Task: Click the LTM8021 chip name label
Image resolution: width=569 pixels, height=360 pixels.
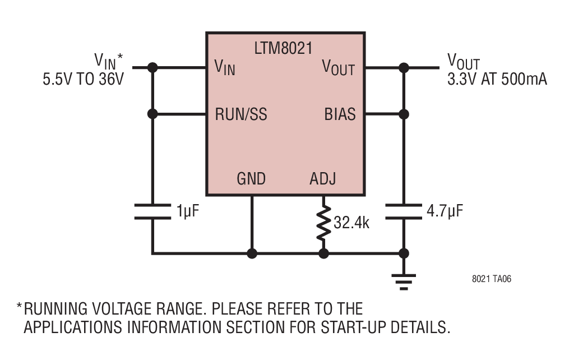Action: coord(283,48)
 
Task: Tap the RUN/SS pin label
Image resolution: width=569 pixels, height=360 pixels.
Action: coord(241,114)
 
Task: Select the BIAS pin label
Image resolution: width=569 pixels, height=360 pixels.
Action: coord(340,114)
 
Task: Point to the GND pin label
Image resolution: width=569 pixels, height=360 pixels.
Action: coord(251,178)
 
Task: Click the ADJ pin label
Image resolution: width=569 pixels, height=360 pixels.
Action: coord(322,178)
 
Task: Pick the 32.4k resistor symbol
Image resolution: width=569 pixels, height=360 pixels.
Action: coord(323,223)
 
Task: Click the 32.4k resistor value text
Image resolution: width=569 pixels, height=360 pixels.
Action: coord(351,223)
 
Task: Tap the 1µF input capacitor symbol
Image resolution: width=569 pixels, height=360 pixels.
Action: coord(152,212)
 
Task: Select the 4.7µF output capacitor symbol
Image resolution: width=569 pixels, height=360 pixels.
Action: coord(404,212)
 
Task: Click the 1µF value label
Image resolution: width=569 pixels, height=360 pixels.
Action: coord(188,211)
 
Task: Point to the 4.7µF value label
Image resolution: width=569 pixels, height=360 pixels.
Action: coord(445,211)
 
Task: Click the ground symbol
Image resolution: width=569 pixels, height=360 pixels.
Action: coord(404,282)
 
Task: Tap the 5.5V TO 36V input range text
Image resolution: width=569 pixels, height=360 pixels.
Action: coord(84,79)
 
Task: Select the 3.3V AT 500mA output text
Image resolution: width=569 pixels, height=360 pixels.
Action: coord(497,79)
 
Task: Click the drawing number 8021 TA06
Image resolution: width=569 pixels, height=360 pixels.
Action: coord(491,279)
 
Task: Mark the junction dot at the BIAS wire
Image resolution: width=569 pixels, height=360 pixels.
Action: coord(404,114)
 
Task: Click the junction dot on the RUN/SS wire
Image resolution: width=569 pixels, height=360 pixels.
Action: coord(152,114)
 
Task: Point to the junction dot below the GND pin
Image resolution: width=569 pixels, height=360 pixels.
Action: coord(252,253)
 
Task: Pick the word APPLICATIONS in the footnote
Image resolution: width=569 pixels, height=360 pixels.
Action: coord(73,327)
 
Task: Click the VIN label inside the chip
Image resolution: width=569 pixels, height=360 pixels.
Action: coord(225,67)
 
